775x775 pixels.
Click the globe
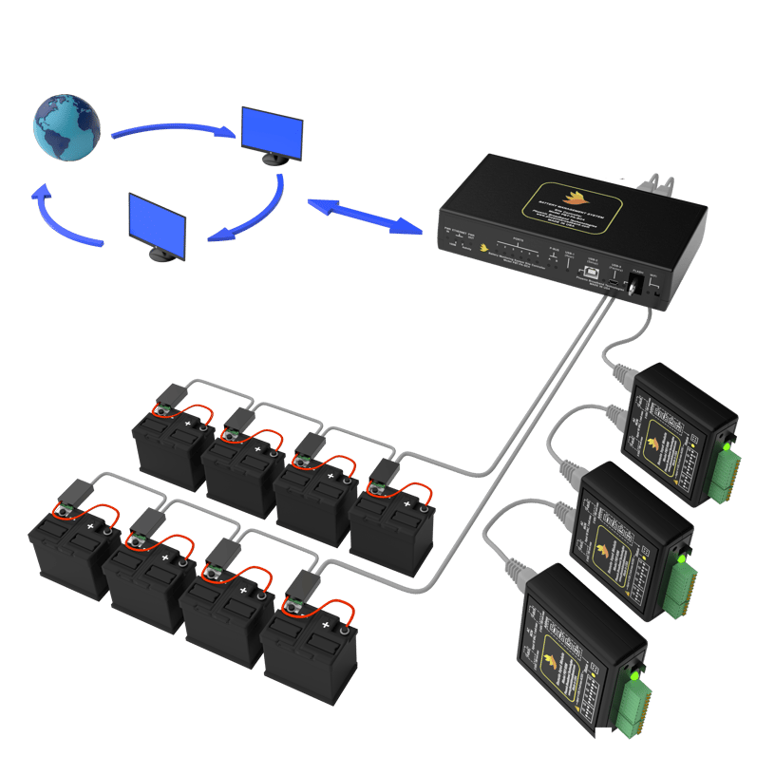coord(66,126)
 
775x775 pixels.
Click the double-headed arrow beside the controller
coord(364,215)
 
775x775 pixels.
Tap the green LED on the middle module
coord(681,560)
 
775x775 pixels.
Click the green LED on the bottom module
coord(632,677)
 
